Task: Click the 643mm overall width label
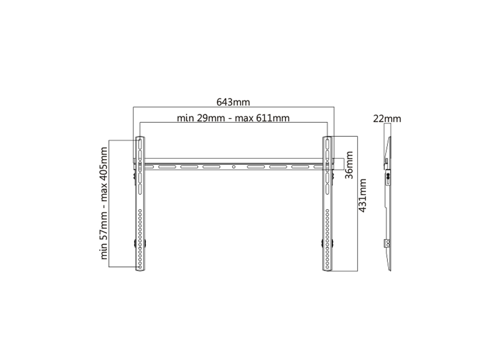click(x=233, y=102)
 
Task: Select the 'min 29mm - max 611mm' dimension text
click(x=233, y=118)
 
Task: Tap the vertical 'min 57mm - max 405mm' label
click(x=104, y=204)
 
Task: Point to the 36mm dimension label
click(x=349, y=164)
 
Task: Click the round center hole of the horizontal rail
click(x=233, y=167)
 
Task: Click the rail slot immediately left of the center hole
click(x=211, y=167)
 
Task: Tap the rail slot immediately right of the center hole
click(x=255, y=167)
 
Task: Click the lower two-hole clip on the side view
click(x=388, y=244)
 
